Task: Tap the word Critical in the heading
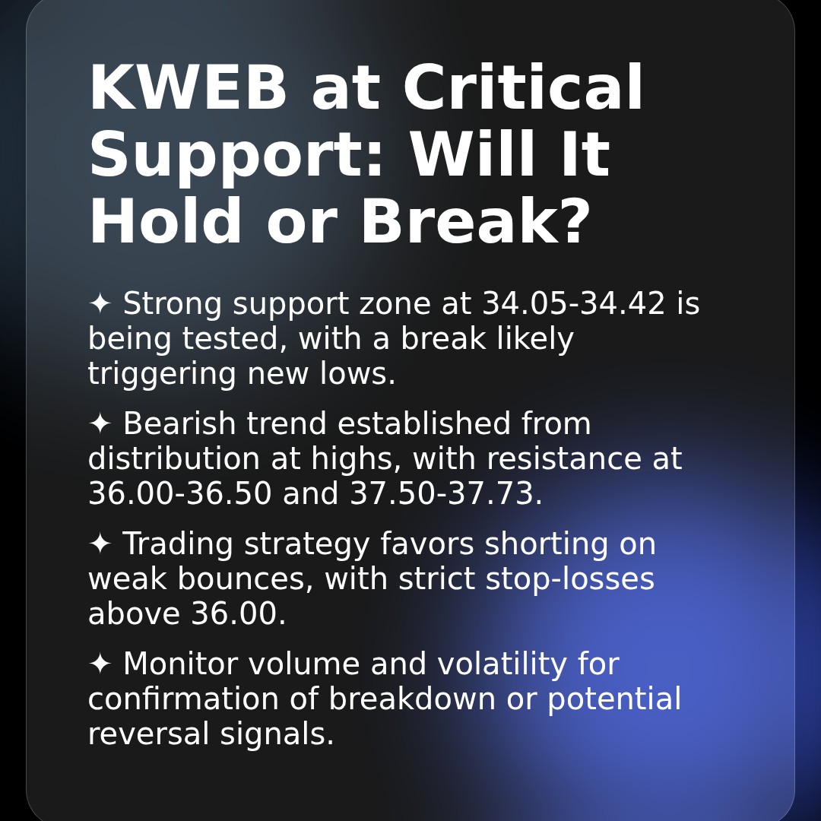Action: coord(523,89)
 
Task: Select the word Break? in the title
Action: coord(475,223)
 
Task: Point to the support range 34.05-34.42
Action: coord(574,304)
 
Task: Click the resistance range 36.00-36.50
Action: coord(179,494)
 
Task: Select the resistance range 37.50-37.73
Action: coord(445,494)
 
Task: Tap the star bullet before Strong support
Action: coord(100,304)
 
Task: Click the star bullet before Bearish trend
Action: coord(100,424)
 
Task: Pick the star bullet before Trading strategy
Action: coord(100,544)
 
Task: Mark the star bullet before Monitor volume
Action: coord(100,664)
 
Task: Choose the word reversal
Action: coord(148,734)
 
